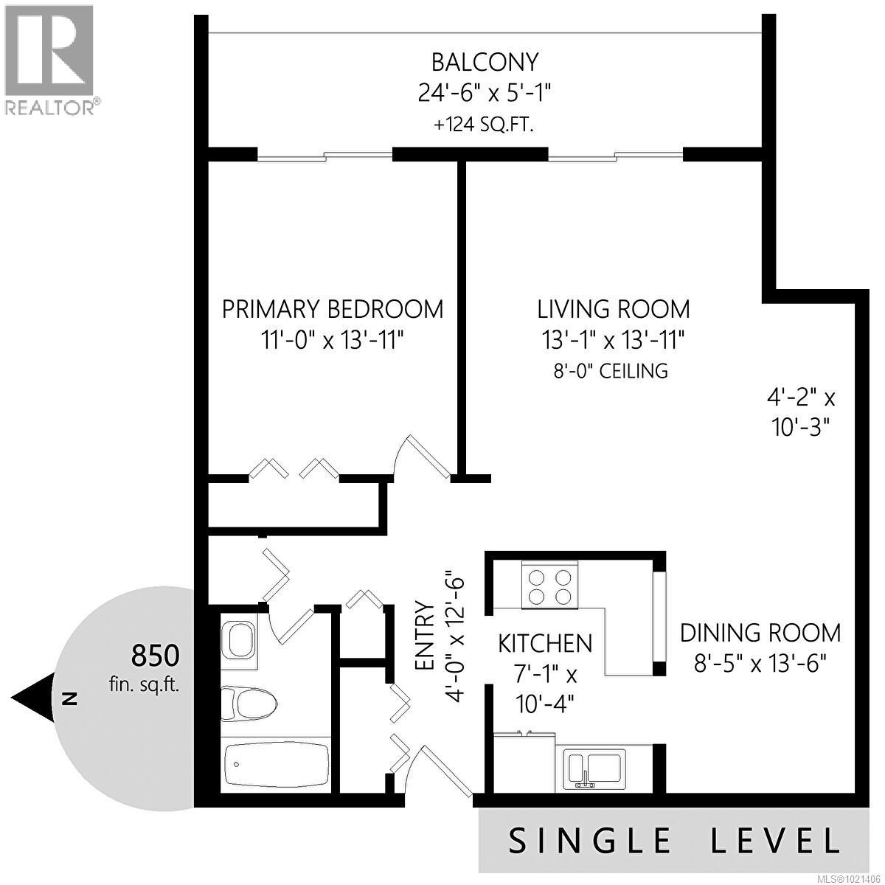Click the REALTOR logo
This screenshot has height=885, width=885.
coord(50,59)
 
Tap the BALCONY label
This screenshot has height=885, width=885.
coord(485,60)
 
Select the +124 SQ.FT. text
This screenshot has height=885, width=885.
coord(485,124)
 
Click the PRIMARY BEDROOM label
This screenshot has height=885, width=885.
coord(333,308)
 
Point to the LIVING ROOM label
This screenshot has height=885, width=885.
coord(613,308)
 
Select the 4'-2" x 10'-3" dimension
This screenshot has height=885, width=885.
coord(800,413)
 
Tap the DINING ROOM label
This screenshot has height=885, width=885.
coord(760,633)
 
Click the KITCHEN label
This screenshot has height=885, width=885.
coord(545,643)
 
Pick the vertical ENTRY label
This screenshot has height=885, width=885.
coord(425,636)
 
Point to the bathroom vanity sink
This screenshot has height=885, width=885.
coord(239,639)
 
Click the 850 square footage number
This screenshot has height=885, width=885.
coord(154,654)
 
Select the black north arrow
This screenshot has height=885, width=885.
coord(33,698)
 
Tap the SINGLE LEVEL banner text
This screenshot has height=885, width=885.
coord(675,841)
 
